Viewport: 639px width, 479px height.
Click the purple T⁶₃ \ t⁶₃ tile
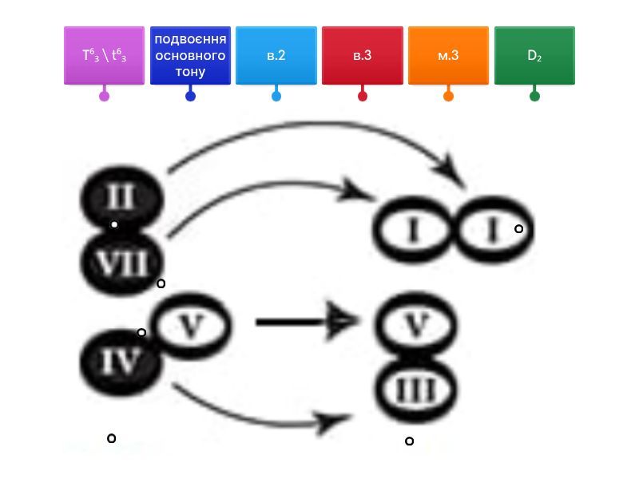104,56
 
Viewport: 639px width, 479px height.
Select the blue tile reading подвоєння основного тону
190,56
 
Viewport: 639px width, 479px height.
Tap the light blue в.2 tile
276,56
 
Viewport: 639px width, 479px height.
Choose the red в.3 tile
363,56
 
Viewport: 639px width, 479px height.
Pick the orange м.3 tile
448,56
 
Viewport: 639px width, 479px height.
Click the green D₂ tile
534,56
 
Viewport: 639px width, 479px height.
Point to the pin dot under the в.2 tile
276,97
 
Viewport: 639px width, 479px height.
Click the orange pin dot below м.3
448,97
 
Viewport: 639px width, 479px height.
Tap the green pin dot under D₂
534,97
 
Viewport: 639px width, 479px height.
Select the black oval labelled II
121,196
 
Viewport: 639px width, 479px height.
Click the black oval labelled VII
121,263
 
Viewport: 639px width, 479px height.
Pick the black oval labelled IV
121,363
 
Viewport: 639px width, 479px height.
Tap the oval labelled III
416,390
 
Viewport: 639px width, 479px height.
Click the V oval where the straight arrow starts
190,326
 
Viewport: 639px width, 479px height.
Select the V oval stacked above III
416,324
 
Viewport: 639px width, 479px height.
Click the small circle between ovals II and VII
114,225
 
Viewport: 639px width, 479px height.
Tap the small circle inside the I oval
518,229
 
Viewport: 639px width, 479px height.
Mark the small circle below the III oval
409,441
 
